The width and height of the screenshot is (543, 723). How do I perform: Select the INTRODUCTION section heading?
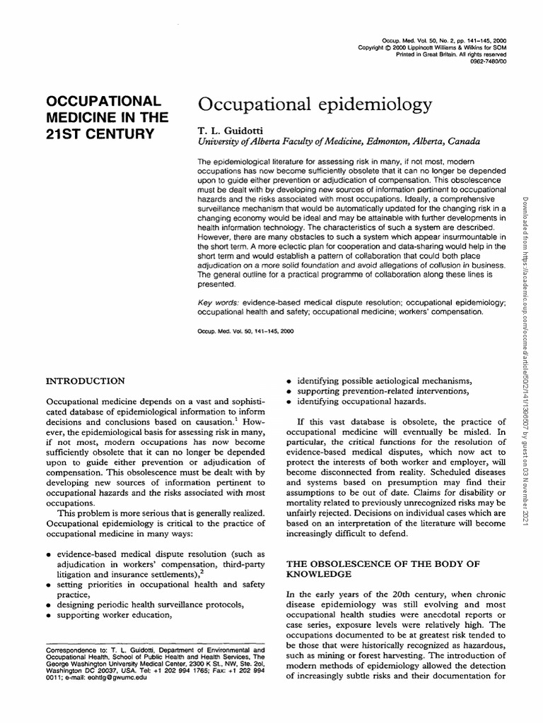click(x=86, y=381)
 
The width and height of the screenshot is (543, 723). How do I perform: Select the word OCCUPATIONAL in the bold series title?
click(x=104, y=100)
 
